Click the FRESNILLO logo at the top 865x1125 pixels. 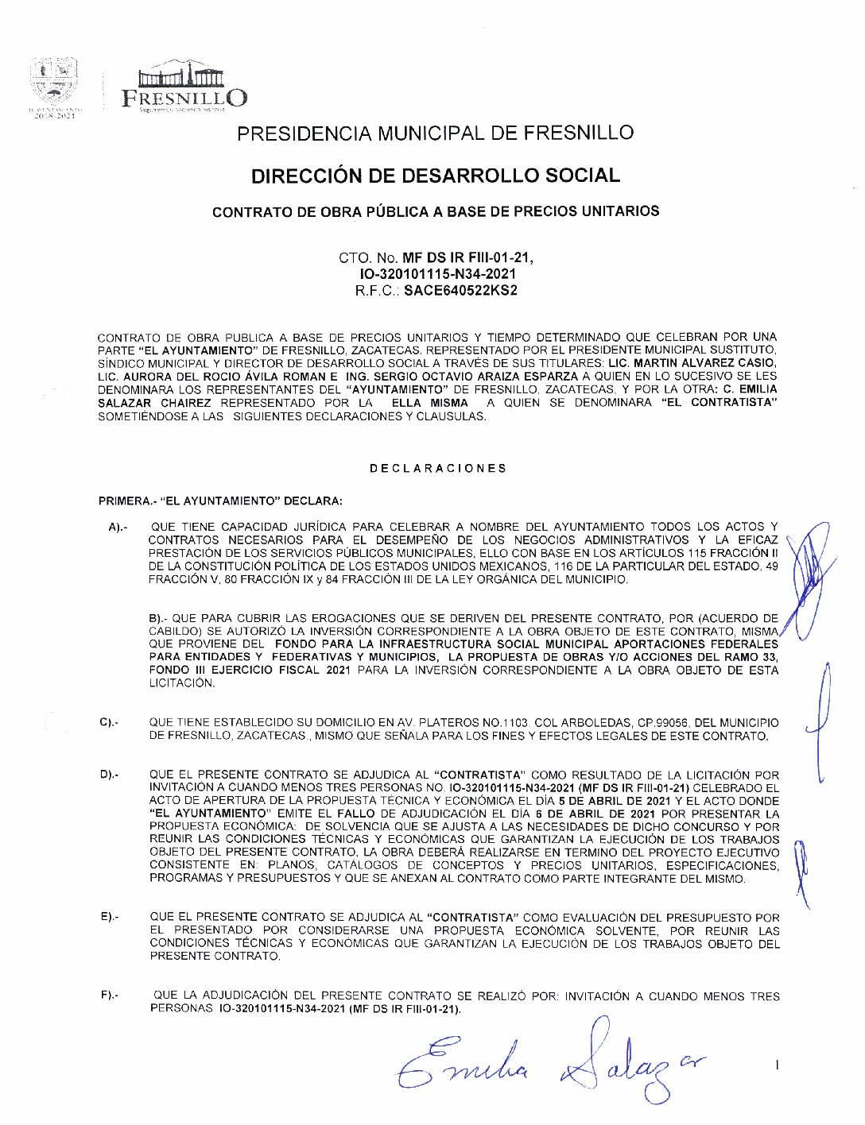tap(184, 87)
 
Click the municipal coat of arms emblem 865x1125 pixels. tap(53, 83)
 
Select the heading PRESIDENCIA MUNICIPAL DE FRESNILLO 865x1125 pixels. tap(435, 133)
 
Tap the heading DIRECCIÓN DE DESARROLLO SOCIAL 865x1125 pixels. tap(435, 176)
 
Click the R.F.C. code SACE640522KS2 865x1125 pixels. tap(460, 291)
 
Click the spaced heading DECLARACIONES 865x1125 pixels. tap(437, 468)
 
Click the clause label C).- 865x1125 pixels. tap(109, 722)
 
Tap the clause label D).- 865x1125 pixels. tap(110, 775)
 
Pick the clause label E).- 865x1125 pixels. tap(110, 917)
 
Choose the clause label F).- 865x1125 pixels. tap(110, 995)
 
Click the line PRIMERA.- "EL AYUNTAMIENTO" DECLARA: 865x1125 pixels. tap(220, 501)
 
